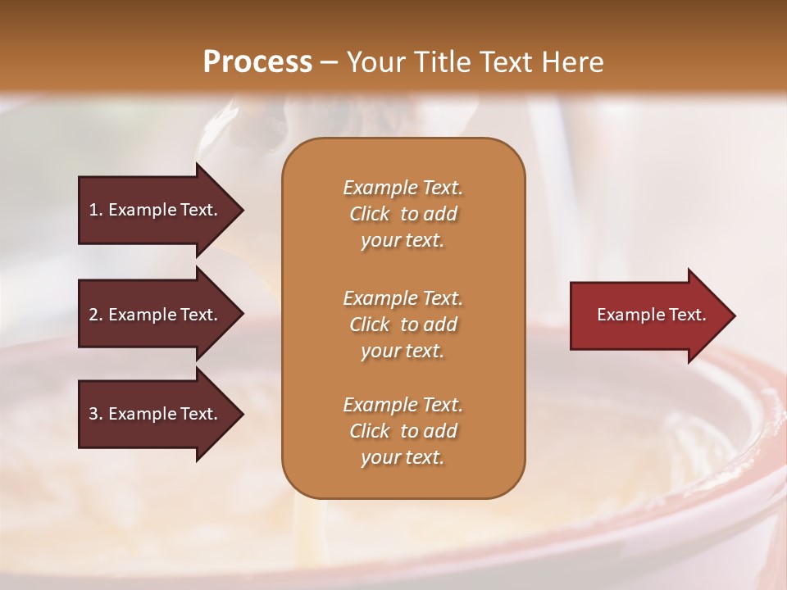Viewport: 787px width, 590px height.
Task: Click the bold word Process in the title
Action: [257, 62]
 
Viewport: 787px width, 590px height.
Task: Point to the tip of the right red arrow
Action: [732, 315]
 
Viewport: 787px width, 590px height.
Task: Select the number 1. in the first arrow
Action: [96, 210]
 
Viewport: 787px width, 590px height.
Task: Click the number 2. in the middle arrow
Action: [96, 315]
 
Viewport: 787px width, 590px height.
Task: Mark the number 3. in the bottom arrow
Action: [96, 414]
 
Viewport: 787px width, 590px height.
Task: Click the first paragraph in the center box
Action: [403, 214]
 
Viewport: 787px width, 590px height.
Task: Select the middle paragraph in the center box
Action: [403, 324]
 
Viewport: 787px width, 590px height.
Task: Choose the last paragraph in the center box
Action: [403, 431]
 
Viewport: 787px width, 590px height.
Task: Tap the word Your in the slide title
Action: [377, 62]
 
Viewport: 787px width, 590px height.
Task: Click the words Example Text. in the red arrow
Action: [651, 315]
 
